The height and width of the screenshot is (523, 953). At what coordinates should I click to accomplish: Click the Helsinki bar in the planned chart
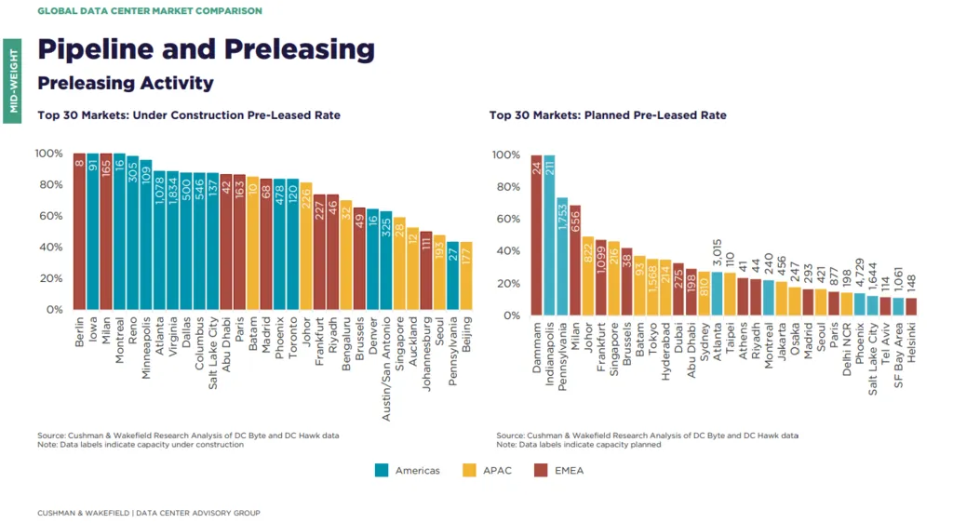click(911, 306)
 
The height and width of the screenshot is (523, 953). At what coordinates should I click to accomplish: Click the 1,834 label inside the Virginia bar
click(173, 194)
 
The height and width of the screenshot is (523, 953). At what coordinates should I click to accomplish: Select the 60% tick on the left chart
click(48, 216)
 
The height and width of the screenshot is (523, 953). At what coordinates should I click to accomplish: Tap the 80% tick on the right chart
click(506, 187)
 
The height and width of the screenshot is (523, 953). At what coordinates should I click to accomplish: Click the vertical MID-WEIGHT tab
click(13, 78)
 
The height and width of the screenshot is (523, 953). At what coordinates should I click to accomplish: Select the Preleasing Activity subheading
click(126, 83)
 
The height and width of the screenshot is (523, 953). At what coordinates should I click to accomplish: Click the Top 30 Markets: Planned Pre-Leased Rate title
click(608, 115)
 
